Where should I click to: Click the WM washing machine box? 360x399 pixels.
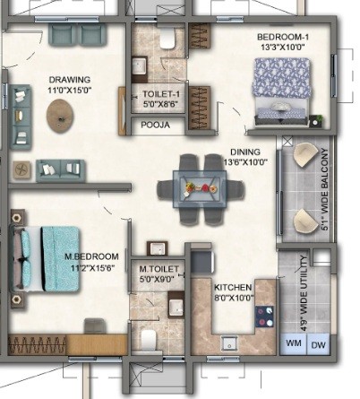[x=294, y=343]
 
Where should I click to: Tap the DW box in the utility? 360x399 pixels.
[x=319, y=344]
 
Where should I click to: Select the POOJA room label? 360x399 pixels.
[x=155, y=125]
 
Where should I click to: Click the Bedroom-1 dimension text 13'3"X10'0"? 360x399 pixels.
[x=283, y=47]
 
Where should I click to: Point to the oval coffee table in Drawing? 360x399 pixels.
[x=60, y=116]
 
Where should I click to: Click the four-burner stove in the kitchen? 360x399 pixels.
[x=264, y=317]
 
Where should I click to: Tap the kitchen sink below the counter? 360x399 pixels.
[x=229, y=343]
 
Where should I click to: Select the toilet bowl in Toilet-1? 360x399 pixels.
[x=167, y=38]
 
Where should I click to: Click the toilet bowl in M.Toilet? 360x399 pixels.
[x=149, y=340]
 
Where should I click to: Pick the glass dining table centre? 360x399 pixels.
[x=200, y=189]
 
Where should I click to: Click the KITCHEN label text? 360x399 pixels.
[x=233, y=288]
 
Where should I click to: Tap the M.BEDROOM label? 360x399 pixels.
[x=91, y=256]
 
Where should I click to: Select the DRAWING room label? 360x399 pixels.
[x=70, y=80]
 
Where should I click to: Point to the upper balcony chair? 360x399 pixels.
[x=305, y=154]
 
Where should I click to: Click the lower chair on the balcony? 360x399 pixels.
[x=305, y=221]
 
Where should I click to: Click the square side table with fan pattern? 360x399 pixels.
[x=21, y=170]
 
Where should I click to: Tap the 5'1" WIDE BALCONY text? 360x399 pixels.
[x=325, y=189]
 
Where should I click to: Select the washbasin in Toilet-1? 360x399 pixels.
[x=139, y=65]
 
